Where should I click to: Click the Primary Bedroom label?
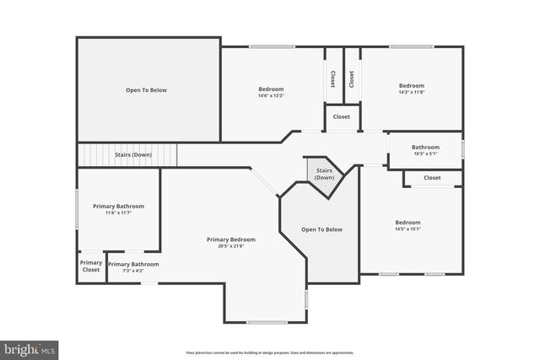point(230,239)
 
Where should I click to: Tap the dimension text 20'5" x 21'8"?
point(230,246)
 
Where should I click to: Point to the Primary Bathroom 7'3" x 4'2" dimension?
point(132,271)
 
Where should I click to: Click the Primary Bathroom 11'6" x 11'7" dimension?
point(118,212)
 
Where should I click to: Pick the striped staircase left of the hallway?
point(128,155)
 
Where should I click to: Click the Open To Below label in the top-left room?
point(147,89)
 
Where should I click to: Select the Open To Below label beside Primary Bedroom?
point(321,229)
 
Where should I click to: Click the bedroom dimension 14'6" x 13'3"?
point(271,95)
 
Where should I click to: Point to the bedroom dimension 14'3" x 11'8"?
point(411,92)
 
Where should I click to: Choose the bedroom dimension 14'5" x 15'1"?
point(408,228)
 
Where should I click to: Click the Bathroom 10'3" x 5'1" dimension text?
point(425,153)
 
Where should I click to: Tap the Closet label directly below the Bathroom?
point(432,178)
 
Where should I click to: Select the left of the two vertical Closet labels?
point(332,78)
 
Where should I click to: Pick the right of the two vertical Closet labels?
point(351,78)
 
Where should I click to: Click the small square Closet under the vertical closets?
point(342,116)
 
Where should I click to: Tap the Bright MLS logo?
point(30,347)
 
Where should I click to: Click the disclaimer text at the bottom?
point(269,352)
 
